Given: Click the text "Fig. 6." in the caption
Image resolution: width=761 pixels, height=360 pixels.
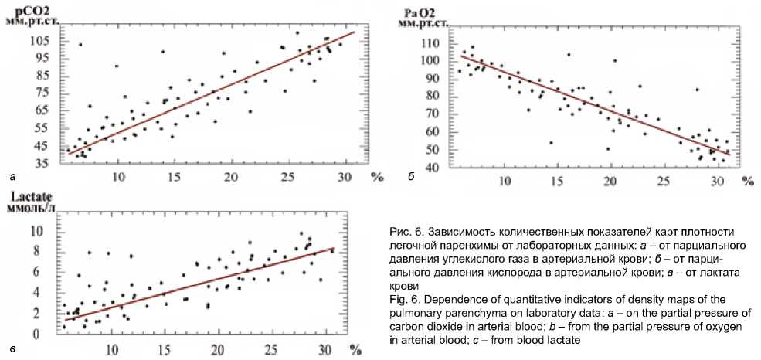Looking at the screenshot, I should [x=399, y=299].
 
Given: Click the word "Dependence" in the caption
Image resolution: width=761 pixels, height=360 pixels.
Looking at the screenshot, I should [x=445, y=299].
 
